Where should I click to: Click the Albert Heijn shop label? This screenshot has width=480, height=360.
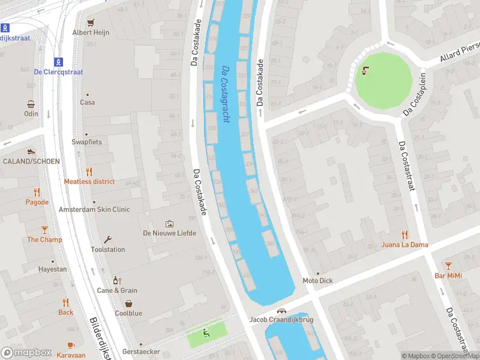tap(91, 32)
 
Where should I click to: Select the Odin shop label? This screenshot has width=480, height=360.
tap(31, 113)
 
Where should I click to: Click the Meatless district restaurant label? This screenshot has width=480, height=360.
tap(89, 181)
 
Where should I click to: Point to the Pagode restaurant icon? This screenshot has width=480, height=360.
tap(37, 193)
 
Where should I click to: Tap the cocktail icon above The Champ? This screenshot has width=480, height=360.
tap(44, 230)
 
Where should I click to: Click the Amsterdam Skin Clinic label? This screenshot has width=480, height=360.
tap(94, 209)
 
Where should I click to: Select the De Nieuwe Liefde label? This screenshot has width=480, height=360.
tap(169, 233)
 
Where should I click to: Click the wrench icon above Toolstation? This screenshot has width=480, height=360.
tap(107, 239)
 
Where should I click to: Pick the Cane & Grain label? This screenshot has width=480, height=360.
tap(117, 290)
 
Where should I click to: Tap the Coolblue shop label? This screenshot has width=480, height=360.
tap(128, 313)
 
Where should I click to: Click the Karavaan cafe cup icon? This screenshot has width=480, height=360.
tap(71, 345)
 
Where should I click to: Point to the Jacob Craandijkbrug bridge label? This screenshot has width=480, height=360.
tap(281, 319)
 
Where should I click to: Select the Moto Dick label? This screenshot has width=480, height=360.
tap(317, 280)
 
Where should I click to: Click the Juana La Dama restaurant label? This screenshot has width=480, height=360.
tap(404, 244)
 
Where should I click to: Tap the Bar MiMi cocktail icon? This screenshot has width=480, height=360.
tap(448, 265)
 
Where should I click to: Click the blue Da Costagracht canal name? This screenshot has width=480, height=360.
tap(225, 94)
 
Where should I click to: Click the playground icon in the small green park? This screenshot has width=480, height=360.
tap(207, 332)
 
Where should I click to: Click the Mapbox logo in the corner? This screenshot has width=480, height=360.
tap(26, 352)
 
